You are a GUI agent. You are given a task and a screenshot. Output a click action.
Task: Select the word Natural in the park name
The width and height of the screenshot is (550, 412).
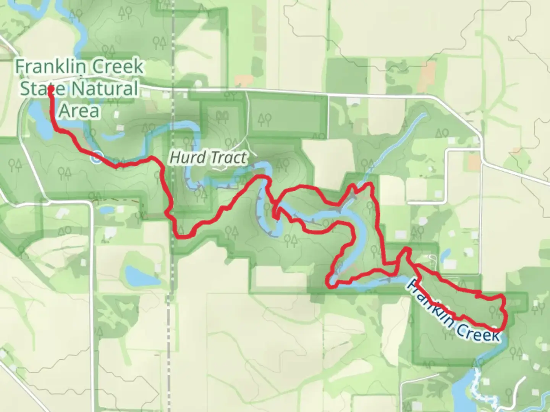coord(104,89)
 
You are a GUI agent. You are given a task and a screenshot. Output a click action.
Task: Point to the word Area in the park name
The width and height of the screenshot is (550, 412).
coord(79,111)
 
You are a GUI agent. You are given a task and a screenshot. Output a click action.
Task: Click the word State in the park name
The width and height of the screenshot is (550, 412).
coord(42,89)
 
